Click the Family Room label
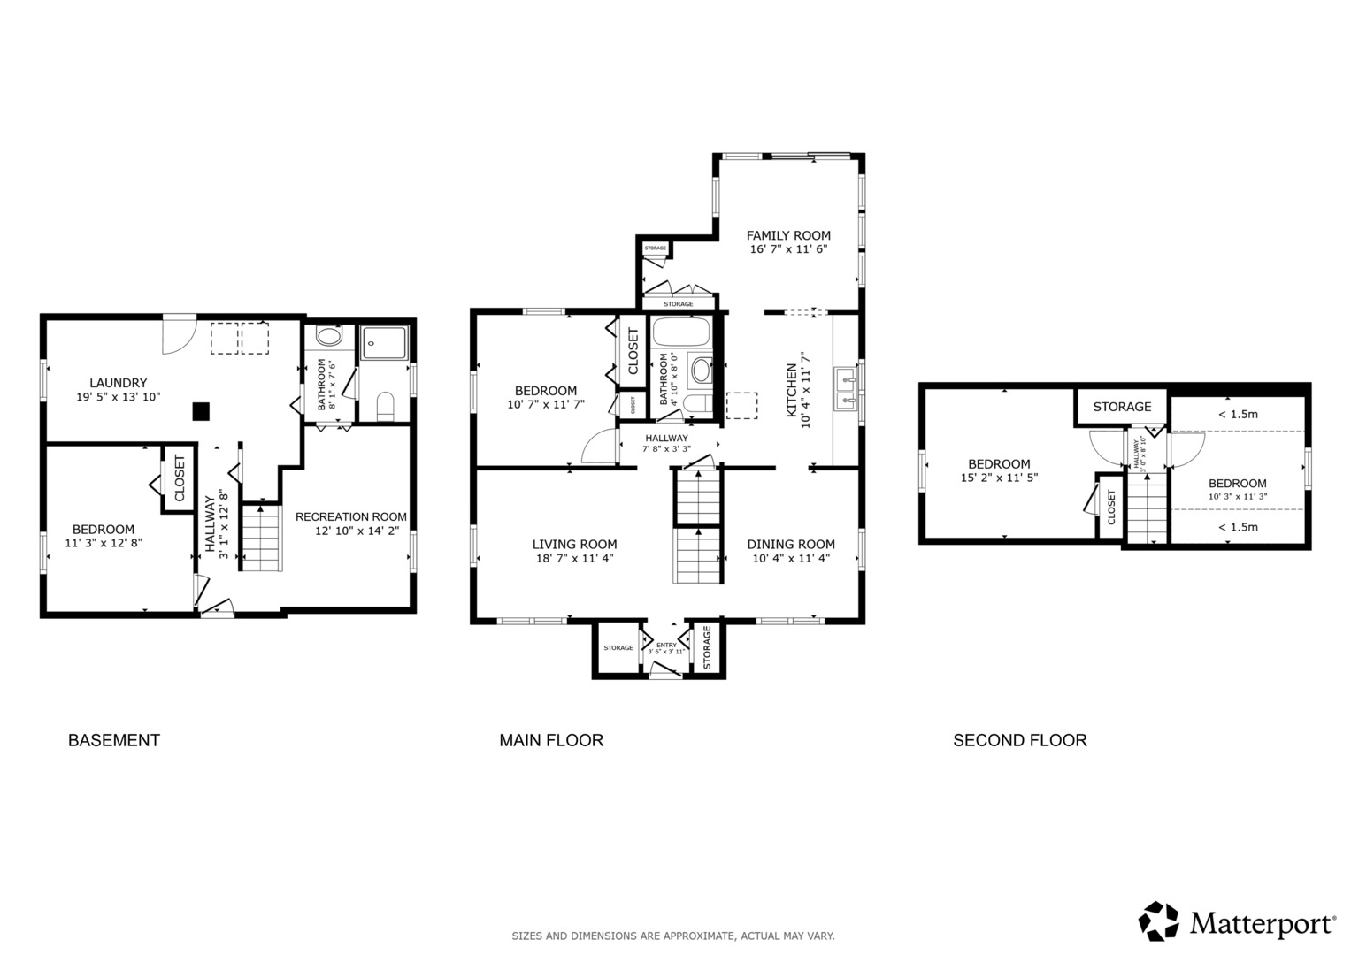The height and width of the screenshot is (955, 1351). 788,236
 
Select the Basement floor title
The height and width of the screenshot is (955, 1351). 114,740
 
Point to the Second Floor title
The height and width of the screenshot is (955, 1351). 1020,740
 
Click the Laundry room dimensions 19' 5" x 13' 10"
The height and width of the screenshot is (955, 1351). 119,397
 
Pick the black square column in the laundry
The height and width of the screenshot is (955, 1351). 201,412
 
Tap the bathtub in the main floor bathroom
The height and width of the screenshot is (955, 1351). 681,332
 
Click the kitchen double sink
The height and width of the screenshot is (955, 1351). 848,389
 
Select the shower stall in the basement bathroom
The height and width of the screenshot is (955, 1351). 384,343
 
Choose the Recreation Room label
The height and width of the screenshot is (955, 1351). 351,517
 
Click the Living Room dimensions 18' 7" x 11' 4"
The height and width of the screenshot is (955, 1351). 575,559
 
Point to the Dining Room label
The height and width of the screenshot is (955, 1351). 791,545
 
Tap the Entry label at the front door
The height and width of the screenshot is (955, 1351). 666,646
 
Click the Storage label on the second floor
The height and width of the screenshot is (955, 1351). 1123,407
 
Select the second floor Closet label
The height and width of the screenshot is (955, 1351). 1111,507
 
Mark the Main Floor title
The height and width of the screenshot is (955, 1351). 551,740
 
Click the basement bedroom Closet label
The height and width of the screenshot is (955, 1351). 179,478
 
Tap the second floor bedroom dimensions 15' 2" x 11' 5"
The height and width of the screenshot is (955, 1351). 1000,478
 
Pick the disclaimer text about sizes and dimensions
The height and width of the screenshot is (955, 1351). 673,936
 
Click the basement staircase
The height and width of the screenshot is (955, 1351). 262,539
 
